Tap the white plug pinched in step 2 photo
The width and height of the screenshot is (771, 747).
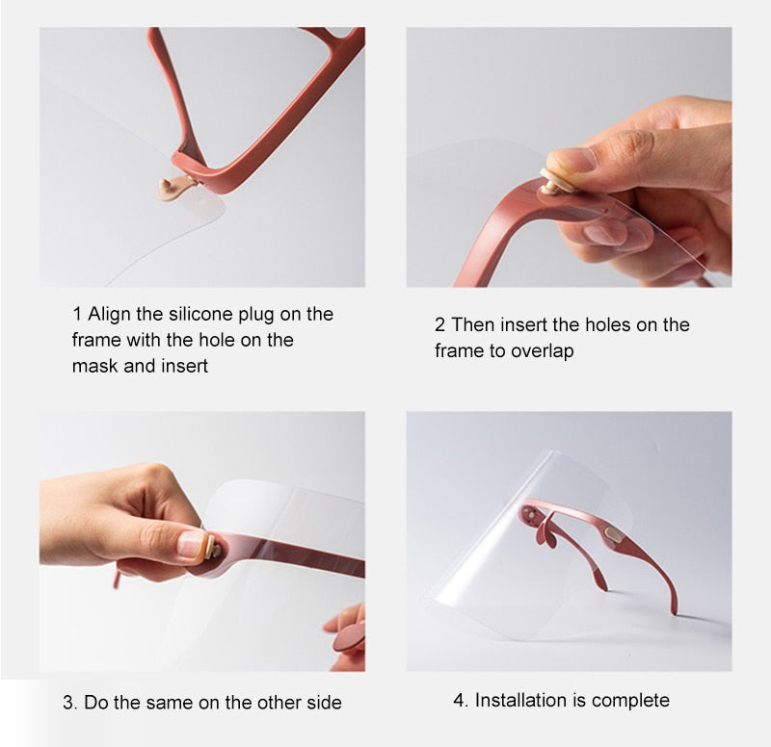click(x=556, y=179)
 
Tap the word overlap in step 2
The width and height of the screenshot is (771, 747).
click(x=543, y=350)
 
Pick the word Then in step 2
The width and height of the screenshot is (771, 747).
click(x=472, y=324)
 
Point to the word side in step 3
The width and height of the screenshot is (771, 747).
click(x=323, y=703)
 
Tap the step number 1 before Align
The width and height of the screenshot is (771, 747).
click(x=77, y=314)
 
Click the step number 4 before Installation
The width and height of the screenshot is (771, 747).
click(x=459, y=700)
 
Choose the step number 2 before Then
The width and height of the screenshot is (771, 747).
click(x=439, y=324)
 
